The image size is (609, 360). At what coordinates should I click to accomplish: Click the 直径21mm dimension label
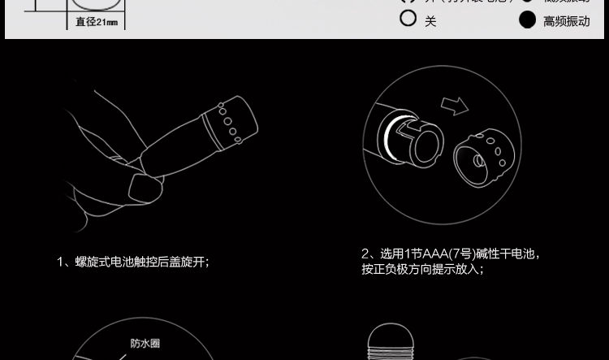pos(97,22)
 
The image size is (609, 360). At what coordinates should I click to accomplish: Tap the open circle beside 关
pos(408,18)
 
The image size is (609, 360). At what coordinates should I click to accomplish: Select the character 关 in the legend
pos(430,21)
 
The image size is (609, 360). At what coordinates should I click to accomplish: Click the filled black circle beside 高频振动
pos(528,20)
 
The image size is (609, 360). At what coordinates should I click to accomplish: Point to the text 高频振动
pos(567,21)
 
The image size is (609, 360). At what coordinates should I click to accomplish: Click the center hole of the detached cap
pos(474,158)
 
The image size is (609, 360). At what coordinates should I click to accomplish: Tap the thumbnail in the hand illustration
pos(145,190)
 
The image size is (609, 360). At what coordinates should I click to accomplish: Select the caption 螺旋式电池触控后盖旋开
pos(141,262)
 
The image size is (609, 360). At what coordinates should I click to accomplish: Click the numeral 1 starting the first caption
pos(61,262)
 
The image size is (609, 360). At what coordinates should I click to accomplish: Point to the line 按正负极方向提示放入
pos(422,269)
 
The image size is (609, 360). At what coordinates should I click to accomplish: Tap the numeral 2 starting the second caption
pos(365,254)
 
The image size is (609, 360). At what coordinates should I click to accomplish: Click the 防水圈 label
pos(145,343)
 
